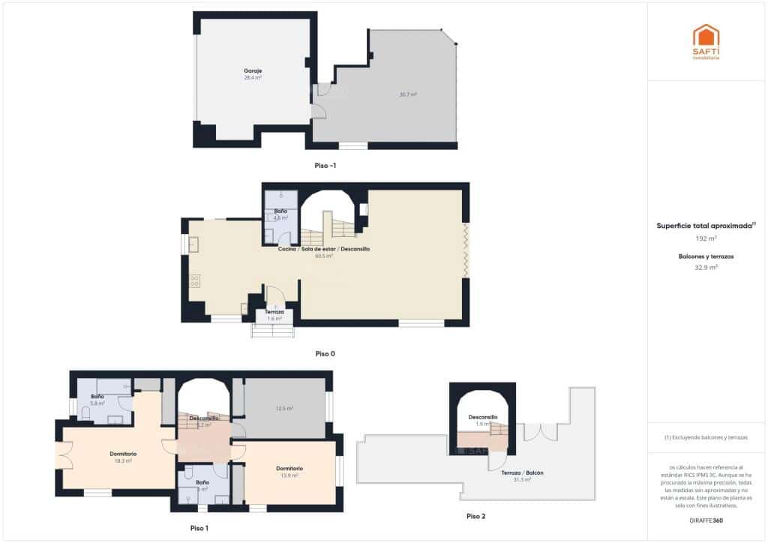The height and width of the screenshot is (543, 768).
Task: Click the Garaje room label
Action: coord(252,70)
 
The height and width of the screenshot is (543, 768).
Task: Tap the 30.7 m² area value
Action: coord(408,94)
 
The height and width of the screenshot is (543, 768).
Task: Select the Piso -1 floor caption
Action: coord(325,165)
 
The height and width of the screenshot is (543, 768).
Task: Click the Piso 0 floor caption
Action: coord(325,352)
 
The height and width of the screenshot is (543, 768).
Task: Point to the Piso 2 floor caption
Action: coord(475,516)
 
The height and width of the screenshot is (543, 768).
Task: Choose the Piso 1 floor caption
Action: coord(199,528)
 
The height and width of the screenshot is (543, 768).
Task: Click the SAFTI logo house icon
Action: coord(706,37)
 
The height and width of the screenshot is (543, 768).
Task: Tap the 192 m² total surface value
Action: coord(706,238)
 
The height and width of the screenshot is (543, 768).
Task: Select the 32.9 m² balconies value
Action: coord(706,266)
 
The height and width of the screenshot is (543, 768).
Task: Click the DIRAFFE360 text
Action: coord(706,520)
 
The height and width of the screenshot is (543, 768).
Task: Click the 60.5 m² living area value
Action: coord(324,256)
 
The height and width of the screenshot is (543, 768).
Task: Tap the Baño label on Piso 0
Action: coord(280,211)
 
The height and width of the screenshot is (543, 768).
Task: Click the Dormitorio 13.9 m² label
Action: coord(289,468)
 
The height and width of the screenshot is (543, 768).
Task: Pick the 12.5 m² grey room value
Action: coord(284,409)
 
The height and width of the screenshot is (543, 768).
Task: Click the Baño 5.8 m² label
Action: coord(97,396)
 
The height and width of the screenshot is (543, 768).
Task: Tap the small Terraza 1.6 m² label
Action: coord(274,311)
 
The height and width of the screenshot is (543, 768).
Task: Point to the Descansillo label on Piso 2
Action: coord(483,417)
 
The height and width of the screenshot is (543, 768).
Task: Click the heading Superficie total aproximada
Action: coord(704,225)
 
